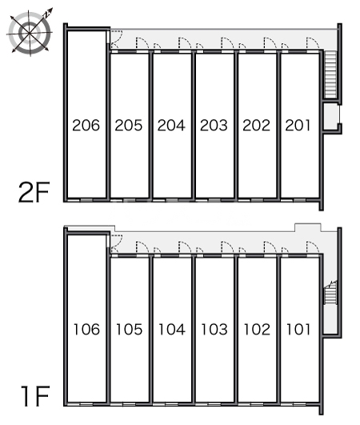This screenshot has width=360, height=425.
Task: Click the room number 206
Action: point(86,125)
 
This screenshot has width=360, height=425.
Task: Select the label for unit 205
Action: point(128,125)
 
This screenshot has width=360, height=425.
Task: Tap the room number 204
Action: point(171,125)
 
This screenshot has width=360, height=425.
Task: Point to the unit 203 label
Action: point(214,125)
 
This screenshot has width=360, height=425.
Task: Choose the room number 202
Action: point(256,125)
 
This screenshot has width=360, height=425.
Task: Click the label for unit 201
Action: point(298,125)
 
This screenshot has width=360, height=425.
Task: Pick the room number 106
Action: point(86,329)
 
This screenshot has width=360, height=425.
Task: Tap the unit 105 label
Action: point(130,329)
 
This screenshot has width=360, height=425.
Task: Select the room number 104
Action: point(172,329)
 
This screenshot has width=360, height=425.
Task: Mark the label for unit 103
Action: point(214,329)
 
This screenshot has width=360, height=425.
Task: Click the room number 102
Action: point(257,329)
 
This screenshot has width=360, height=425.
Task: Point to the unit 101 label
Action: point(298,329)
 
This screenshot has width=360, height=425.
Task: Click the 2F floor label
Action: point(34,192)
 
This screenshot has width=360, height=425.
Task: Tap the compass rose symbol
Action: point(30,32)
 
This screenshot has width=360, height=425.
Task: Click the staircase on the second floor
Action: point(330,74)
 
